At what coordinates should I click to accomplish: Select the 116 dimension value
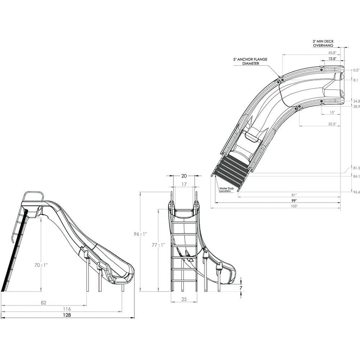67,309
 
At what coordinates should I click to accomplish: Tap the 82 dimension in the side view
44,302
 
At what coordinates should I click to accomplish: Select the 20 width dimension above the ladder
184,176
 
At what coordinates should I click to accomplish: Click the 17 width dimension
184,184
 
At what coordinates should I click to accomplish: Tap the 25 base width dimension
184,299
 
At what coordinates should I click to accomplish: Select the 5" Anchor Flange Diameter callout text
250,61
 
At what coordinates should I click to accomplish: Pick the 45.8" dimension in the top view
332,53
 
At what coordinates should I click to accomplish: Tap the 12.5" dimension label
332,58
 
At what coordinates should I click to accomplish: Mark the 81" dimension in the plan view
294,194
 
